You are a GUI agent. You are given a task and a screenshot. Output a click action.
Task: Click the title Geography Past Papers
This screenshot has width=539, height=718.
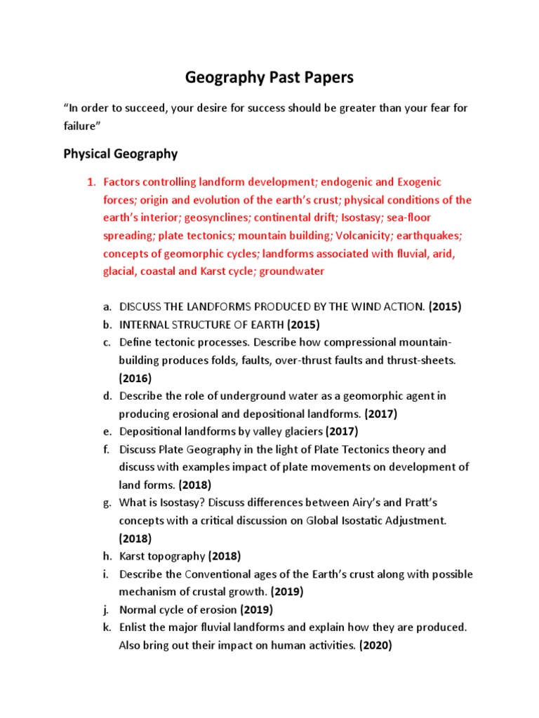[x=269, y=78]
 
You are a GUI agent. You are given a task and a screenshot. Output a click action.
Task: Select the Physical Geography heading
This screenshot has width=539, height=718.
[x=120, y=154]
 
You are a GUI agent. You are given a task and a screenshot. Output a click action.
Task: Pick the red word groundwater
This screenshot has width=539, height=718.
[x=292, y=271]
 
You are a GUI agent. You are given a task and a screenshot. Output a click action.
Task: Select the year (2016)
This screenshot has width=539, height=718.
[x=135, y=378]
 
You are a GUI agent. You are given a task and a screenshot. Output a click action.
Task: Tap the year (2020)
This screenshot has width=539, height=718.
[x=375, y=646]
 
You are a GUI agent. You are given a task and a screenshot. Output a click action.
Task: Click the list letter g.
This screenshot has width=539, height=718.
[x=107, y=503]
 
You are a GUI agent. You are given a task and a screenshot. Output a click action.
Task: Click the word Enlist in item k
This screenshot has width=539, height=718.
[x=134, y=628]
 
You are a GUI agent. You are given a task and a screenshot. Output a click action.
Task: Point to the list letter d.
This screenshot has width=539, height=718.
[x=107, y=395]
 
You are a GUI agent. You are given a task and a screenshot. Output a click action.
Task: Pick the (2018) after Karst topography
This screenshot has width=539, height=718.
[x=224, y=556]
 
